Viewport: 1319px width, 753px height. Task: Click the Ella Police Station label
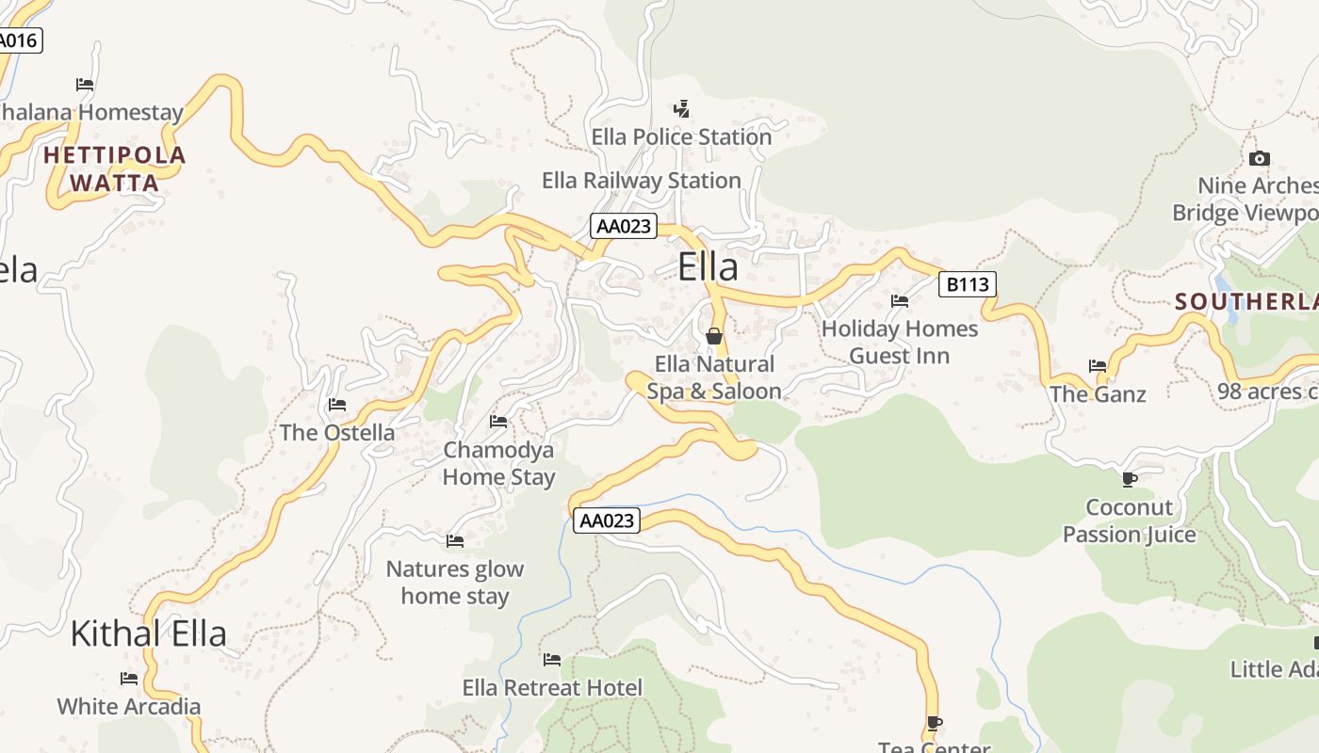[681, 137]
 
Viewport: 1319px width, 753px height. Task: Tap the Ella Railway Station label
[641, 181]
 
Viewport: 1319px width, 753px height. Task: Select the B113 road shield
[967, 284]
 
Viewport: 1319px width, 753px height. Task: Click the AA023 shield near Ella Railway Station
[624, 226]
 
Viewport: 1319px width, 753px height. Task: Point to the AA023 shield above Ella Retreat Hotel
[606, 521]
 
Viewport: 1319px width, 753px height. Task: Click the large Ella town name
[708, 267]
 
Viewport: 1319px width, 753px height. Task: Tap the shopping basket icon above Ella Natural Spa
[714, 336]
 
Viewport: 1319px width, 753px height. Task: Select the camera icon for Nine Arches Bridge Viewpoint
[1259, 159]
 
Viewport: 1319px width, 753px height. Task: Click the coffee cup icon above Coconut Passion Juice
[1130, 480]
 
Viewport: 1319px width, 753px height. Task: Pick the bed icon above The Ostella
[336, 406]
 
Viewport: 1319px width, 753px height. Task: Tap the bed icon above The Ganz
[1098, 366]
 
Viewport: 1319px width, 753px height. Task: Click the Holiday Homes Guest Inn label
[899, 343]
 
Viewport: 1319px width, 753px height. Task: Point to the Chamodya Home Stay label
[498, 463]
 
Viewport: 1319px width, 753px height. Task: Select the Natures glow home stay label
[454, 583]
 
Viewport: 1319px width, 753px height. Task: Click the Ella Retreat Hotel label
[552, 688]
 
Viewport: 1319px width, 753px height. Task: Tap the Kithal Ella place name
[148, 633]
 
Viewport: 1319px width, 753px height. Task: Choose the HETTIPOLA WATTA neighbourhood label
[115, 168]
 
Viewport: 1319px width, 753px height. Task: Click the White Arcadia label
[128, 707]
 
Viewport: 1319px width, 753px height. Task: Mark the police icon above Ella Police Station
[681, 109]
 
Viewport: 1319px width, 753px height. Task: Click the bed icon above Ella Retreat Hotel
[552, 660]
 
